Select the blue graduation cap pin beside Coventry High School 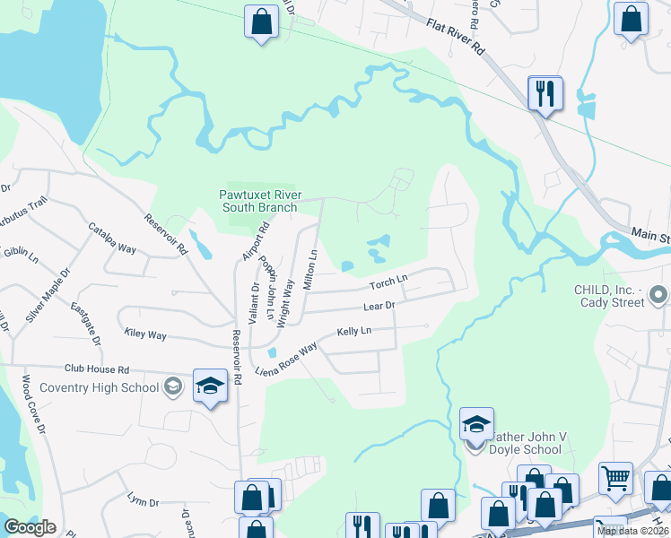click(x=210, y=387)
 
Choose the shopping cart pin click(x=615, y=480)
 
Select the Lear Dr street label click(x=379, y=307)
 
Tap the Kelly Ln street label click(x=353, y=332)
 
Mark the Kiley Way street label click(x=145, y=334)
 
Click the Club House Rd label click(x=97, y=369)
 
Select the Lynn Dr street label click(x=143, y=499)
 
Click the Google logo click(x=30, y=527)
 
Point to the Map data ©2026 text click(x=632, y=531)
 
